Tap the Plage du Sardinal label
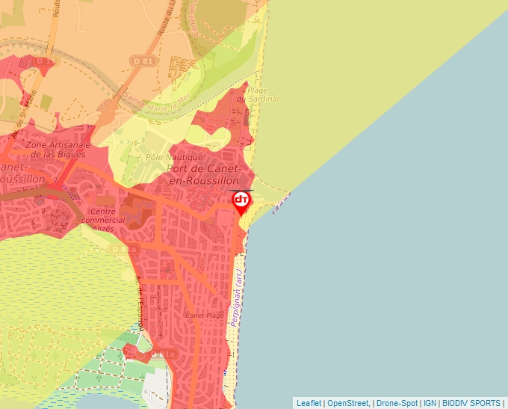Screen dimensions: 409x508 tap(258, 94)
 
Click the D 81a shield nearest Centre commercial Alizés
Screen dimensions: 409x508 tap(128, 248)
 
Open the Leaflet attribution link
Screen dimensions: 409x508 tap(309, 403)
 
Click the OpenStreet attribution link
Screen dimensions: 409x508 tap(349, 403)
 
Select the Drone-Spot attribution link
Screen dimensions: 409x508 tap(396, 403)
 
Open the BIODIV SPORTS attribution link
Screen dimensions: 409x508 tap(471, 403)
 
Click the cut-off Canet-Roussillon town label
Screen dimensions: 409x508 tap(15, 173)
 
